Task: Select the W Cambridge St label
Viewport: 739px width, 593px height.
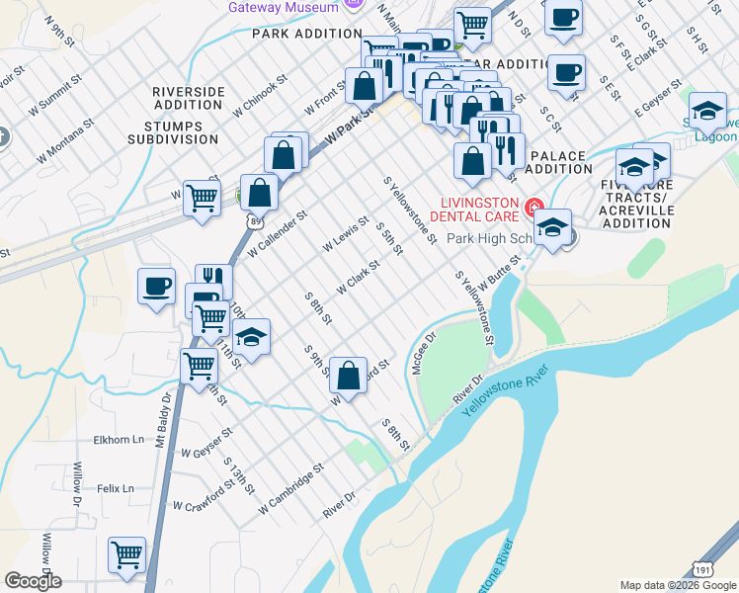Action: (290, 489)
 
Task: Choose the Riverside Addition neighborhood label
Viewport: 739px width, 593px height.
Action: (189, 98)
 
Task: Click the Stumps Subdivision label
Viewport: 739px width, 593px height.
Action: (173, 133)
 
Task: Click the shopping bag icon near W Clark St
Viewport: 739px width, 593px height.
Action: (348, 376)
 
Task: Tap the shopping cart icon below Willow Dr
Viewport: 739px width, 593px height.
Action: (127, 555)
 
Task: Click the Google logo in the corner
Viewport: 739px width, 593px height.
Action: (33, 581)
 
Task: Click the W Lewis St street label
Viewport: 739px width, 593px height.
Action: (345, 233)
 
